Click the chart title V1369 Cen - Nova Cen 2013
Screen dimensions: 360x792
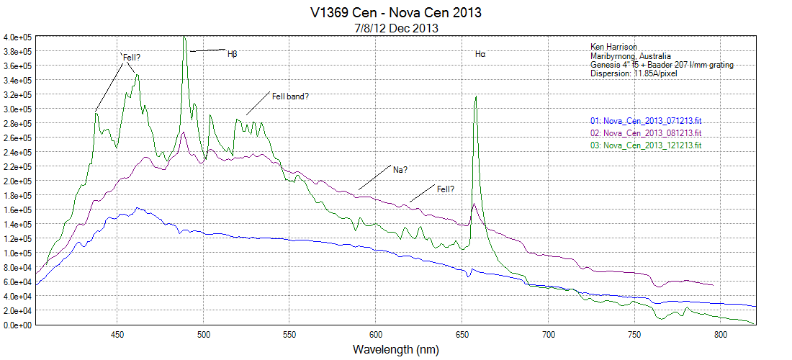pyautogui.click(x=396, y=13)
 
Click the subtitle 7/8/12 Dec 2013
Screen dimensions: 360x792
pyautogui.click(x=396, y=27)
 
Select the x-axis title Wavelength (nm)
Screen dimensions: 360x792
pyautogui.click(x=395, y=349)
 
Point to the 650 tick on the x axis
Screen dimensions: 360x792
pyautogui.click(x=462, y=335)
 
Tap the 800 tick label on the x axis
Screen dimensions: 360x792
pyautogui.click(x=721, y=335)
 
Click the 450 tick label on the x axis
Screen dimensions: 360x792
pyautogui.click(x=117, y=335)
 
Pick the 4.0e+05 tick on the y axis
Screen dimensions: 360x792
pyautogui.click(x=17, y=37)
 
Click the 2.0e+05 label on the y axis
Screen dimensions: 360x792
pyautogui.click(x=17, y=181)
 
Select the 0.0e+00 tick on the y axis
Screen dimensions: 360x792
pyautogui.click(x=17, y=325)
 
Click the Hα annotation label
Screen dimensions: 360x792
pyautogui.click(x=480, y=54)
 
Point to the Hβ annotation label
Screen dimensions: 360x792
pyautogui.click(x=232, y=53)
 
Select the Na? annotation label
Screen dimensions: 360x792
pyautogui.click(x=400, y=170)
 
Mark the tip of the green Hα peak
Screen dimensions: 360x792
pyautogui.click(x=475, y=96)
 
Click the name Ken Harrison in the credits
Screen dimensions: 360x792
pyautogui.click(x=613, y=48)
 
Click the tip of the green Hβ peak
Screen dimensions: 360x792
pyautogui.click(x=184, y=37)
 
